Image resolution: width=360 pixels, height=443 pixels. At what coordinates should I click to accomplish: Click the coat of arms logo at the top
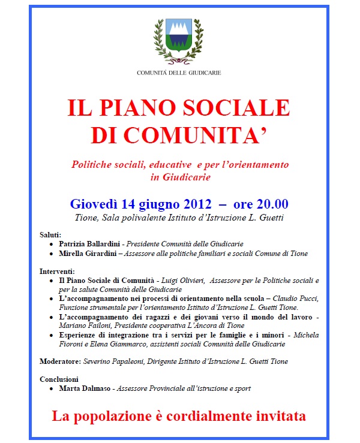pos(179,40)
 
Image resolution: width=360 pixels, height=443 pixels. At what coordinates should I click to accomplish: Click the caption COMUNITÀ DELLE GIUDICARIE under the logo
pos(179,73)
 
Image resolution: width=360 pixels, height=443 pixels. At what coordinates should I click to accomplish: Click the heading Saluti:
pos(51,234)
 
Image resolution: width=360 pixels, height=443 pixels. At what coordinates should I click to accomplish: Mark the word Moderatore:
pos(60,361)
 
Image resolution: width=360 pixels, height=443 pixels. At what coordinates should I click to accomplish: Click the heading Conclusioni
pos(59,379)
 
